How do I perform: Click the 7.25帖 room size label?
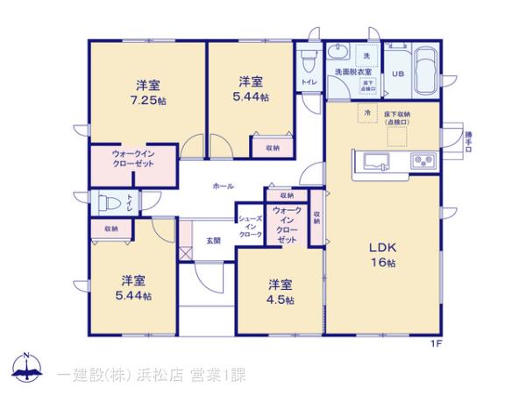[x=146, y=101]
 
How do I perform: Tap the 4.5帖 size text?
[x=281, y=300]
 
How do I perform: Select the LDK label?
[x=382, y=248]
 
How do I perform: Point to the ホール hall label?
[x=223, y=186]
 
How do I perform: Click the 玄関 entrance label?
[x=213, y=239]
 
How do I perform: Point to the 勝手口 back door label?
[x=469, y=141]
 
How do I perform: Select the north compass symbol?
[x=26, y=369]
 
